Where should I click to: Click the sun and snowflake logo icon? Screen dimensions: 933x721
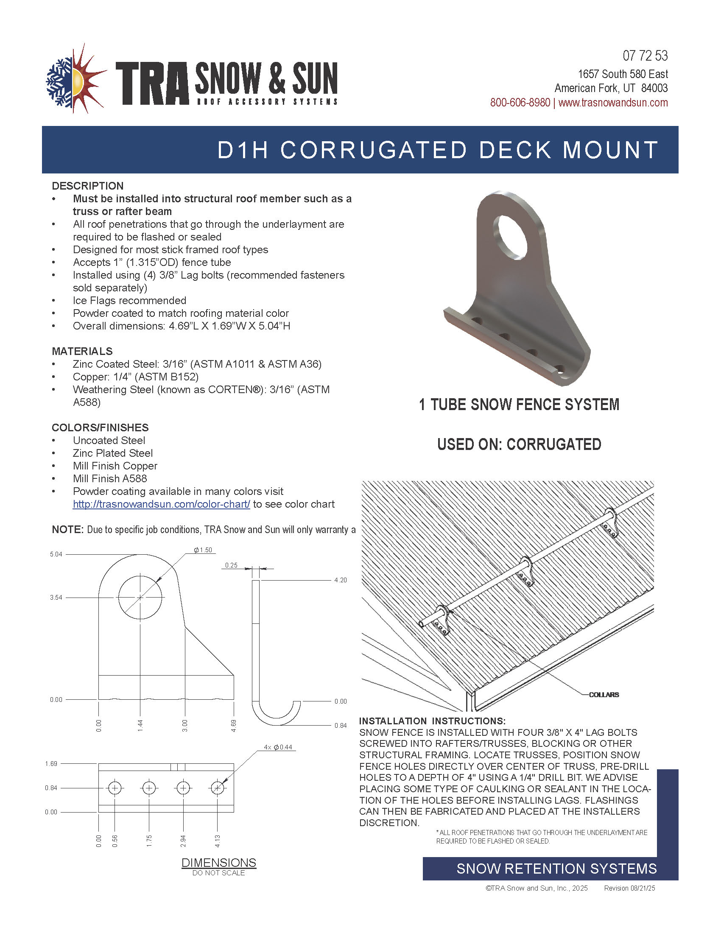click(x=75, y=79)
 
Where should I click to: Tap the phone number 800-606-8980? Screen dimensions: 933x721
click(x=520, y=103)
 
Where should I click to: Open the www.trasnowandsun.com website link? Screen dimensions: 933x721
click(x=613, y=103)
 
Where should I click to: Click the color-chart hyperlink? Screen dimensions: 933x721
click(x=161, y=504)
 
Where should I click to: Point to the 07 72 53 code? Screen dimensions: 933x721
click(x=645, y=56)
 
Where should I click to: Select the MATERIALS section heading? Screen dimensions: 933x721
click(x=82, y=351)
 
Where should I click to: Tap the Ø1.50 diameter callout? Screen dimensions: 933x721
click(x=203, y=550)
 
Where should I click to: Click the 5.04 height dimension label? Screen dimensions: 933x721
click(x=56, y=554)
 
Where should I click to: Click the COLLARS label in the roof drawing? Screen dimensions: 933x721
click(x=604, y=694)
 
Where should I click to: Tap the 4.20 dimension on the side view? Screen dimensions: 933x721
click(x=341, y=580)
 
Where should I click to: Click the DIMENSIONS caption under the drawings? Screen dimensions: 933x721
click(x=219, y=863)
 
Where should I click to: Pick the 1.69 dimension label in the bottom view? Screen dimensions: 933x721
click(x=51, y=763)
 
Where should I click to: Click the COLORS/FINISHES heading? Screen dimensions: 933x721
click(x=100, y=427)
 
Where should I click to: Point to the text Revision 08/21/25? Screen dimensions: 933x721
click(x=629, y=888)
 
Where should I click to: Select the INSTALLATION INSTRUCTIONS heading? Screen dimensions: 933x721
click(x=432, y=721)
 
